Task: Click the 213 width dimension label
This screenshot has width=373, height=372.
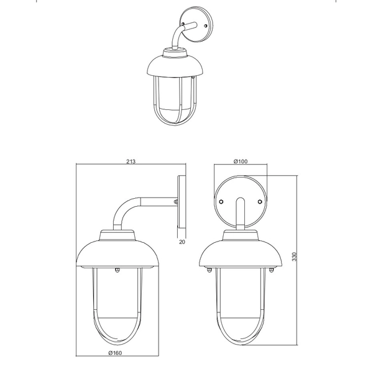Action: tap(131, 161)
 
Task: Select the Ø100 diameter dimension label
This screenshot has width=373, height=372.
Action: tap(241, 161)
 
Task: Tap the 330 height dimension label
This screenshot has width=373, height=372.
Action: tap(295, 256)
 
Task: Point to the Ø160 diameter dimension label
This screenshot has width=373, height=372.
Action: tap(115, 353)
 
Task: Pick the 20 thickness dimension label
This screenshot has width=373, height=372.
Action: tap(182, 242)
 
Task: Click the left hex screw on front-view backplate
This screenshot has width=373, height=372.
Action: tap(221, 202)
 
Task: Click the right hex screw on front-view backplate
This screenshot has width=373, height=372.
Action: tap(260, 202)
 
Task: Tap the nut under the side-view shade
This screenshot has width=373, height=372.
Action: tap(117, 270)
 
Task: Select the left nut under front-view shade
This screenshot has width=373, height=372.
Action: tap(209, 270)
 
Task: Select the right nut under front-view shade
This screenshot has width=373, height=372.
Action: tap(271, 270)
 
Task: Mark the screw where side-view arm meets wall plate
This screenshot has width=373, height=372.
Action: tap(177, 202)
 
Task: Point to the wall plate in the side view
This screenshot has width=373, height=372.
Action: tap(182, 202)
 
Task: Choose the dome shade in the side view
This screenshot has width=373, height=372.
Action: tap(117, 254)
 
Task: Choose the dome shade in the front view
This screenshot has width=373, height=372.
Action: tap(241, 254)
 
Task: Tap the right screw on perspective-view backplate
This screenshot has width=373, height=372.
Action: tap(206, 25)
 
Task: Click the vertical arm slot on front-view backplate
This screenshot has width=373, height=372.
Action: tap(240, 214)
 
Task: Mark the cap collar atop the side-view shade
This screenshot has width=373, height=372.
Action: tap(117, 235)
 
